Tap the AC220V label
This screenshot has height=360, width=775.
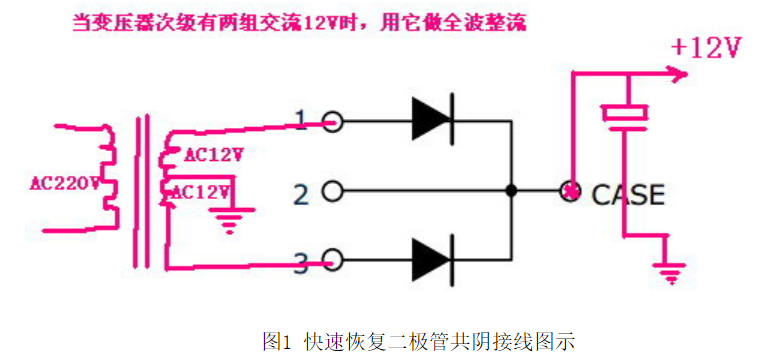point(65,183)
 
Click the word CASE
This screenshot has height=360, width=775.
point(628,193)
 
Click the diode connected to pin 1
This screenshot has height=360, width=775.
point(432,121)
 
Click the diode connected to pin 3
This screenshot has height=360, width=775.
point(432,260)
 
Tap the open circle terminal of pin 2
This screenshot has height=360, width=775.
point(333,191)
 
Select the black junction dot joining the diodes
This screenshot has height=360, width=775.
point(511,191)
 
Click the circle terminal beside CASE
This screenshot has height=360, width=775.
point(571,191)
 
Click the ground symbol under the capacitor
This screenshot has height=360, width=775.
point(667,268)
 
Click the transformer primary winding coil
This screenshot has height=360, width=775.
point(108,175)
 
